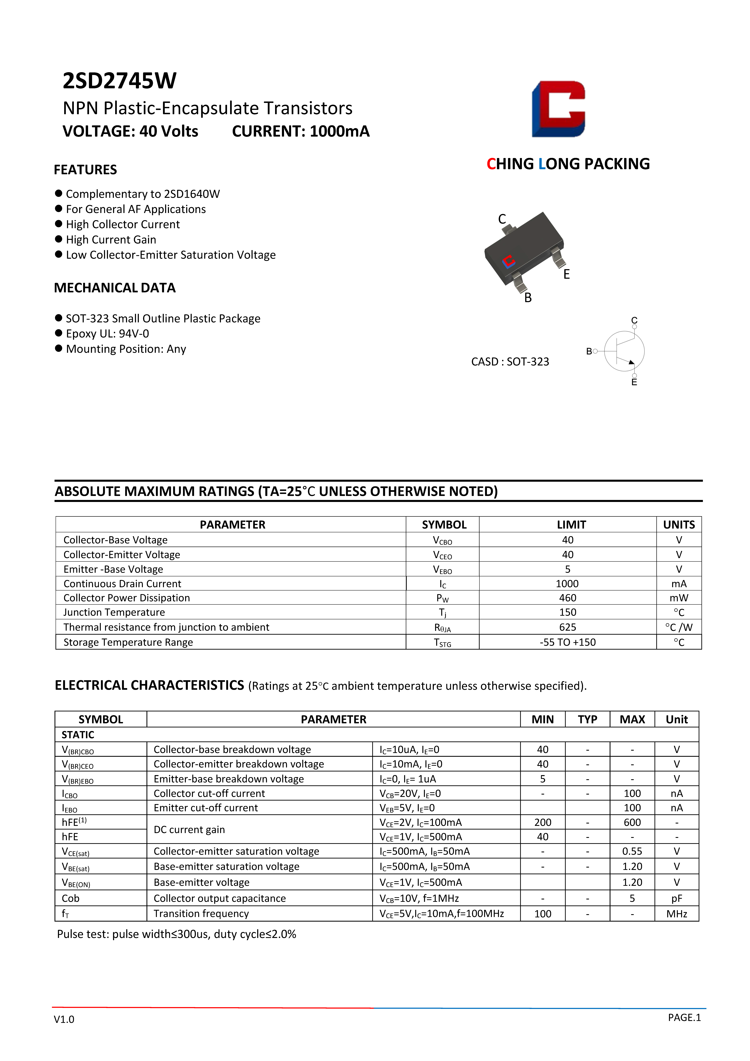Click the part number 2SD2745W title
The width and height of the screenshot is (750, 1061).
[119, 81]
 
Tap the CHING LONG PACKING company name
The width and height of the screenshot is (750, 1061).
[568, 164]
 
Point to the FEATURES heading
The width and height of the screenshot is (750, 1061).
[85, 170]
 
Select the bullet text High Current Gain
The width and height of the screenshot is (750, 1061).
[111, 240]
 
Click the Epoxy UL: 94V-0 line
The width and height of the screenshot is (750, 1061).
[107, 334]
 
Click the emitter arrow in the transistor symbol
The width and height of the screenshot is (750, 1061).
[631, 362]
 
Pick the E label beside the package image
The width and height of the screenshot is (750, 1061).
[567, 274]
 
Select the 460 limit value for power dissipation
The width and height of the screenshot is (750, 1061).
[567, 598]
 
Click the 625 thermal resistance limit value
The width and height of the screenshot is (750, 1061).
[567, 627]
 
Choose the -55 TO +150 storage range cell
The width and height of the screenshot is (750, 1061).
[567, 642]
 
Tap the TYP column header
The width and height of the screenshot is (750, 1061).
[587, 720]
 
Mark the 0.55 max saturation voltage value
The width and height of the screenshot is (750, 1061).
[632, 851]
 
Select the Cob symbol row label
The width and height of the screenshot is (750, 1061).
[71, 898]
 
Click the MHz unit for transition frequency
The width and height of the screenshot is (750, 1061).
[677, 914]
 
